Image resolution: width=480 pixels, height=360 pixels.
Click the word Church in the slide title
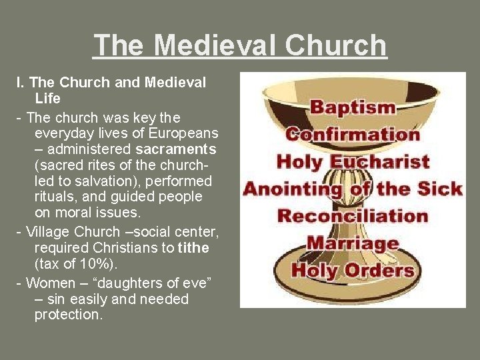[x=336, y=46]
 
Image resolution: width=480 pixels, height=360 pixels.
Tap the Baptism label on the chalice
[x=353, y=107]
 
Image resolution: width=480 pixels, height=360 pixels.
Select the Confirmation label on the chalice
[x=353, y=134]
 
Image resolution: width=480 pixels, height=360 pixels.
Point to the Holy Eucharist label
[x=353, y=161]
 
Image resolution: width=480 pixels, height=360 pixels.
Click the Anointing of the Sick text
[x=353, y=189]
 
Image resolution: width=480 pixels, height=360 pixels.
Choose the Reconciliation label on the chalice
[x=353, y=216]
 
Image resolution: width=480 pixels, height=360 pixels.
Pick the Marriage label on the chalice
[x=353, y=243]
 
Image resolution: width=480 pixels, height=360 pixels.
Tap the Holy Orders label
[x=353, y=271]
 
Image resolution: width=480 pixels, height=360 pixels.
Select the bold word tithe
[x=194, y=247]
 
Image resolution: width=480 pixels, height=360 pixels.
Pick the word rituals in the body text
[x=53, y=197]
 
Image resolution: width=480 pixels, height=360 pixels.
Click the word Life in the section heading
[x=47, y=99]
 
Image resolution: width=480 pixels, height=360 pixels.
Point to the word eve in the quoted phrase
[x=196, y=283]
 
